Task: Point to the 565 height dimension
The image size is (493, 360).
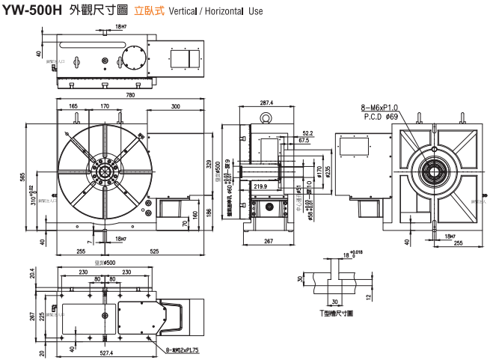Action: [23, 177]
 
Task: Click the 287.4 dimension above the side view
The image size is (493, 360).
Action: [266, 103]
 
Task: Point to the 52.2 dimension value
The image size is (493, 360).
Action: [307, 132]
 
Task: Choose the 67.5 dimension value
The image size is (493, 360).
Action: [303, 141]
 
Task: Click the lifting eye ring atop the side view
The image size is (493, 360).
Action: [266, 118]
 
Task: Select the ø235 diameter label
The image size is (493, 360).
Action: [328, 169]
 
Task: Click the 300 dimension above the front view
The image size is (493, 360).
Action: [175, 107]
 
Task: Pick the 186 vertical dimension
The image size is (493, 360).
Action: [209, 216]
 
